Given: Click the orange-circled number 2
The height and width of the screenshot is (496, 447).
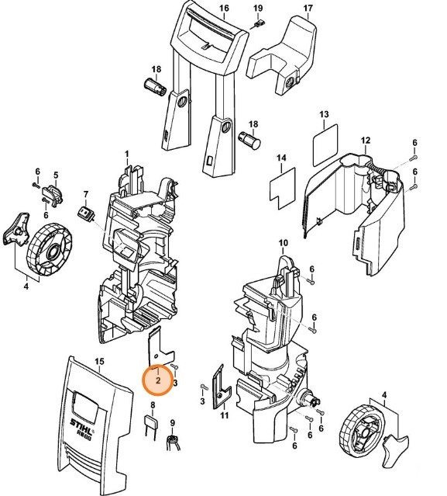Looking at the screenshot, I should [158, 380].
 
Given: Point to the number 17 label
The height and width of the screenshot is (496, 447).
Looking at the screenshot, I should [308, 9].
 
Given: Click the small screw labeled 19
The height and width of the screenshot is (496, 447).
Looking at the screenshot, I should [256, 23].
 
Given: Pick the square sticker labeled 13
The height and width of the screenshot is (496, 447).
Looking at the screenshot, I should [325, 144].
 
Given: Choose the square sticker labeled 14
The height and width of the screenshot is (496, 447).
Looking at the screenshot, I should [280, 186].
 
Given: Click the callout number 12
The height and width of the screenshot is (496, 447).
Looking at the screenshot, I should [366, 140].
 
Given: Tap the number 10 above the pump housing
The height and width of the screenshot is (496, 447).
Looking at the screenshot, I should [283, 243].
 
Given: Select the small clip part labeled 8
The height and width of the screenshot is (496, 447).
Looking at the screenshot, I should [153, 423].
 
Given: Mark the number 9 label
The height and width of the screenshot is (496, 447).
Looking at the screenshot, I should [173, 423].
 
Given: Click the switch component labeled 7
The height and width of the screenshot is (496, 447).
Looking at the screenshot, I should [86, 211].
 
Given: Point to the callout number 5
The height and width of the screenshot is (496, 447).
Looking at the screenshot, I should [56, 175].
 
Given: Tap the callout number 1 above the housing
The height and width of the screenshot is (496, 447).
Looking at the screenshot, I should [127, 155].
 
